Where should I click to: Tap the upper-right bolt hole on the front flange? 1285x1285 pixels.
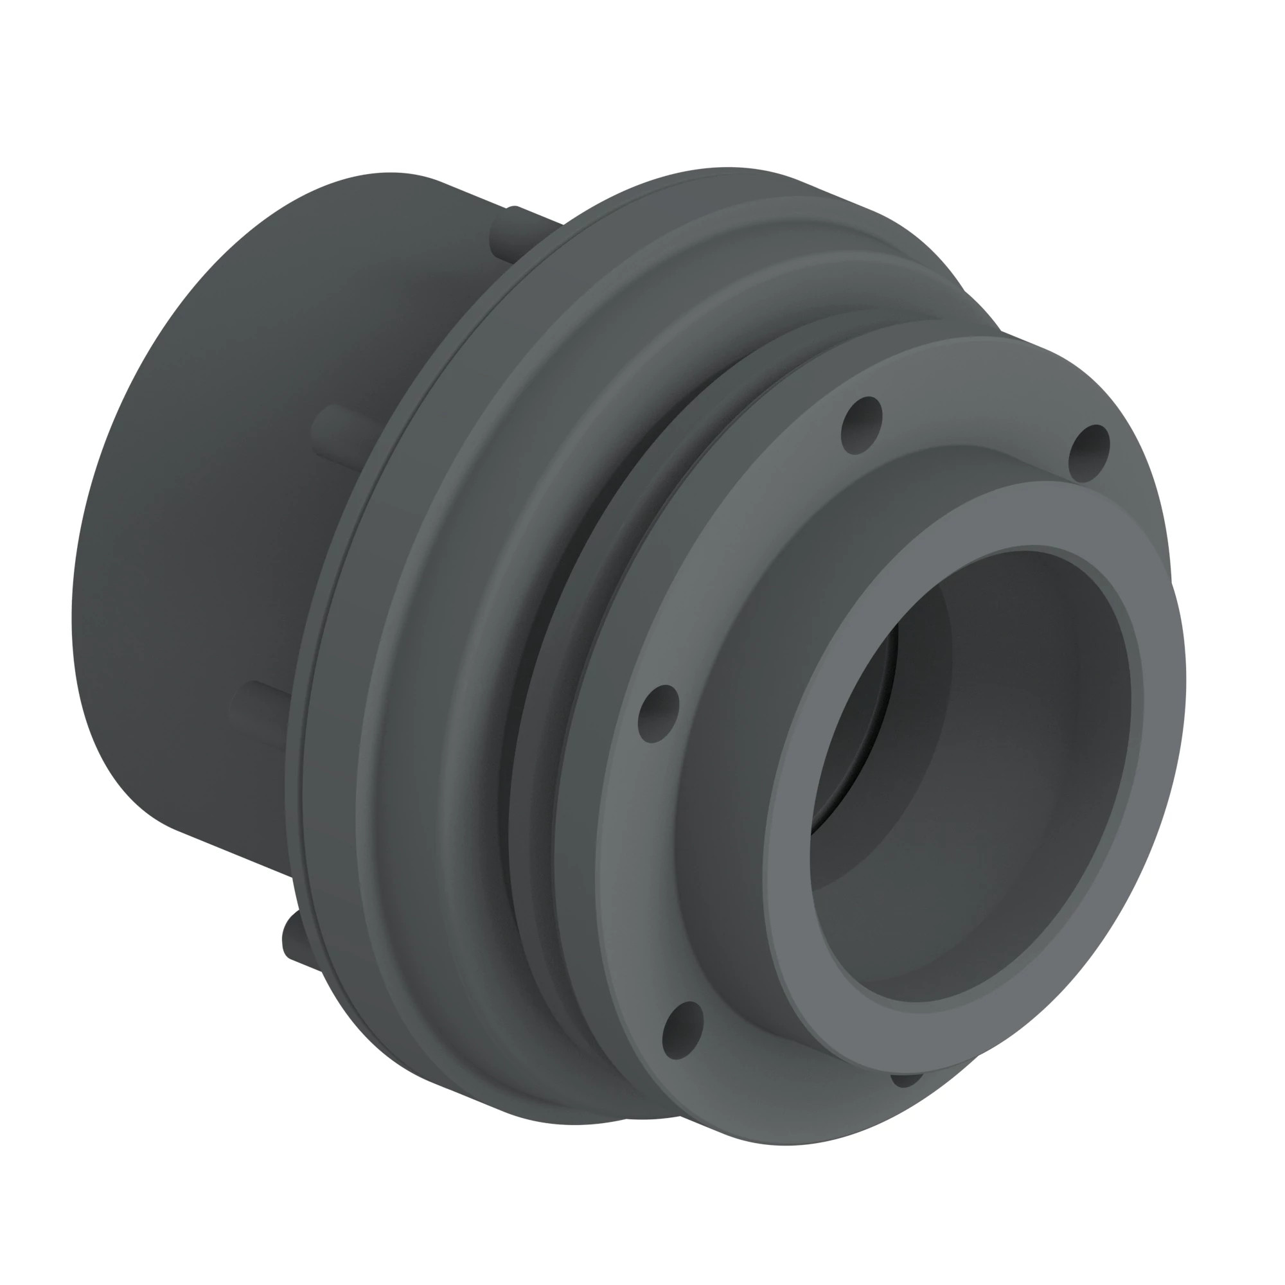click(1089, 453)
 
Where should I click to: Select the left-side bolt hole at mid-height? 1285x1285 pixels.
click(658, 714)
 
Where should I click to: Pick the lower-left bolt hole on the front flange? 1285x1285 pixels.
click(682, 1031)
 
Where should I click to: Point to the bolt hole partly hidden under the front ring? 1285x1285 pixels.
click(906, 1080)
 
